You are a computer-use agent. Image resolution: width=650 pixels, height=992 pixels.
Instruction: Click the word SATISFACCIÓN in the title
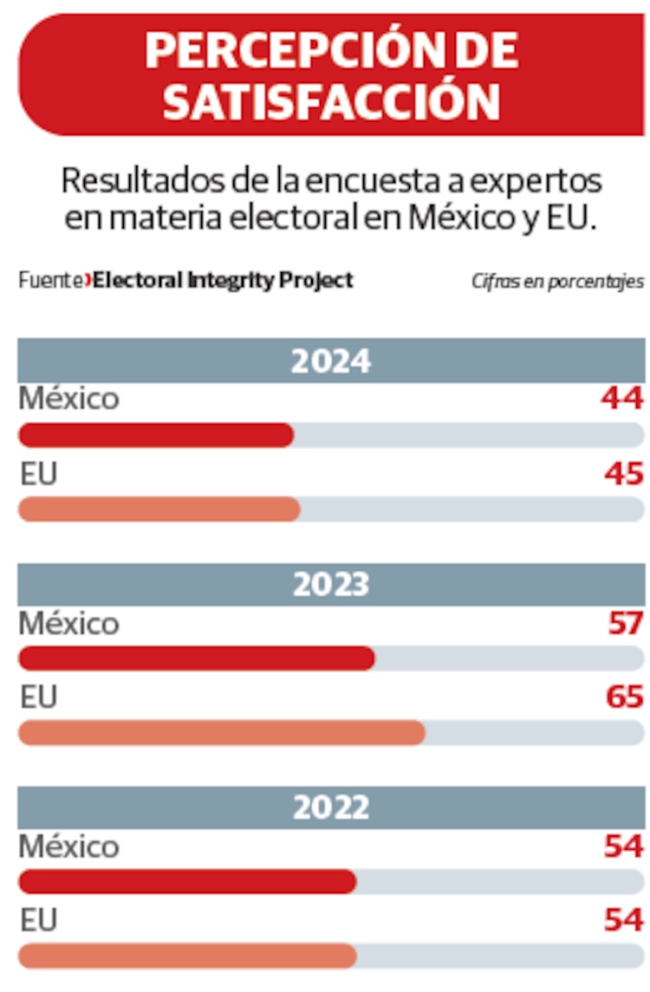tap(331, 102)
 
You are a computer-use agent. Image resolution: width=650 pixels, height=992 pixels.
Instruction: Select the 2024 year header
tap(331, 360)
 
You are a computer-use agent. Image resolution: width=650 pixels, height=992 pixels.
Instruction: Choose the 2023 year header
tap(331, 584)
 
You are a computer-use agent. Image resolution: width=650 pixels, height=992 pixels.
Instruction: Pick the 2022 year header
tap(331, 807)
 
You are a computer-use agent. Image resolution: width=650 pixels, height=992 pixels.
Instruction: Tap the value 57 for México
tap(624, 623)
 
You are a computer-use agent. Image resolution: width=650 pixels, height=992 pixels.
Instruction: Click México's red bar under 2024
tap(156, 435)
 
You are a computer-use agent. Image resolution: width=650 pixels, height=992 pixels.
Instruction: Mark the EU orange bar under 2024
tap(159, 509)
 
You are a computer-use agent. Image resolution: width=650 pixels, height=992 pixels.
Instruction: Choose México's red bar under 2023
tap(197, 658)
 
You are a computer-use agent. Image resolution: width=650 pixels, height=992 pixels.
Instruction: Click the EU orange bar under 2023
tap(222, 733)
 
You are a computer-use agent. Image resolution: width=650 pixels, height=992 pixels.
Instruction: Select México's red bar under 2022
tap(187, 882)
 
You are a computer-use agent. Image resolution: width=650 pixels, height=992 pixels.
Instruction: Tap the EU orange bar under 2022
tap(187, 956)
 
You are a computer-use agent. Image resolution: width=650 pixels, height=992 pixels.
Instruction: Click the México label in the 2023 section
tap(68, 623)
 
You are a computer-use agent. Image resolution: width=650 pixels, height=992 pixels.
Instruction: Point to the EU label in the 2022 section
tap(38, 920)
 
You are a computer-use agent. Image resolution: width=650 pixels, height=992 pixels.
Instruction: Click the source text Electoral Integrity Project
tap(224, 280)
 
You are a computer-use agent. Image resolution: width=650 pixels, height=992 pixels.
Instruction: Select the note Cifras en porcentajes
tap(557, 281)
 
